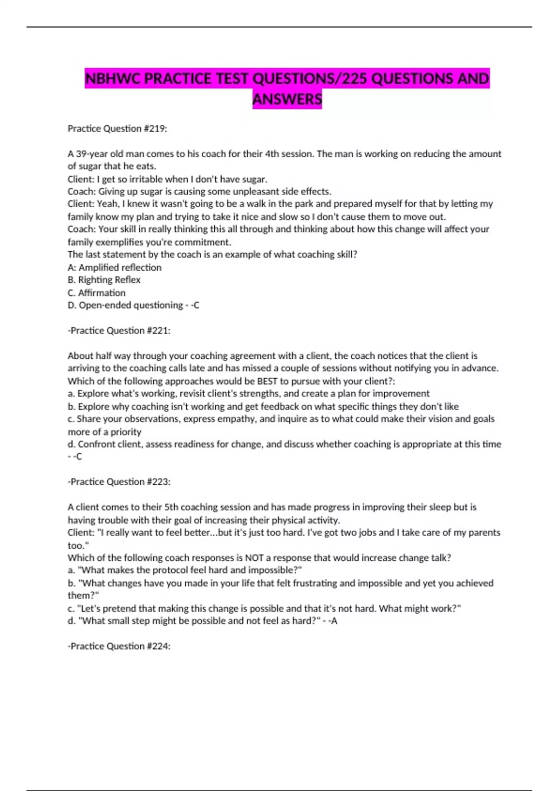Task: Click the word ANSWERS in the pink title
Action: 287,99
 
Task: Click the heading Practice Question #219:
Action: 117,128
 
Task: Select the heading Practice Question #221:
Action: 119,330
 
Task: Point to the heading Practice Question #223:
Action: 119,482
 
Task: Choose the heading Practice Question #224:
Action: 119,646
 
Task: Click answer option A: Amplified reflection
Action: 115,268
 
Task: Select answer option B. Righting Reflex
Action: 104,280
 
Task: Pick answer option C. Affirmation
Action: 96,293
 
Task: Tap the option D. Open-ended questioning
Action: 125,305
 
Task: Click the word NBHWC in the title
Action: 113,78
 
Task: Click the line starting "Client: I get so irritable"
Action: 167,179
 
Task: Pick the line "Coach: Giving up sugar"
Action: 199,191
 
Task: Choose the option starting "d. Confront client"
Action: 284,444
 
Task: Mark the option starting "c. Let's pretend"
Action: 264,608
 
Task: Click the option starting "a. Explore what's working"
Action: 248,394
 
